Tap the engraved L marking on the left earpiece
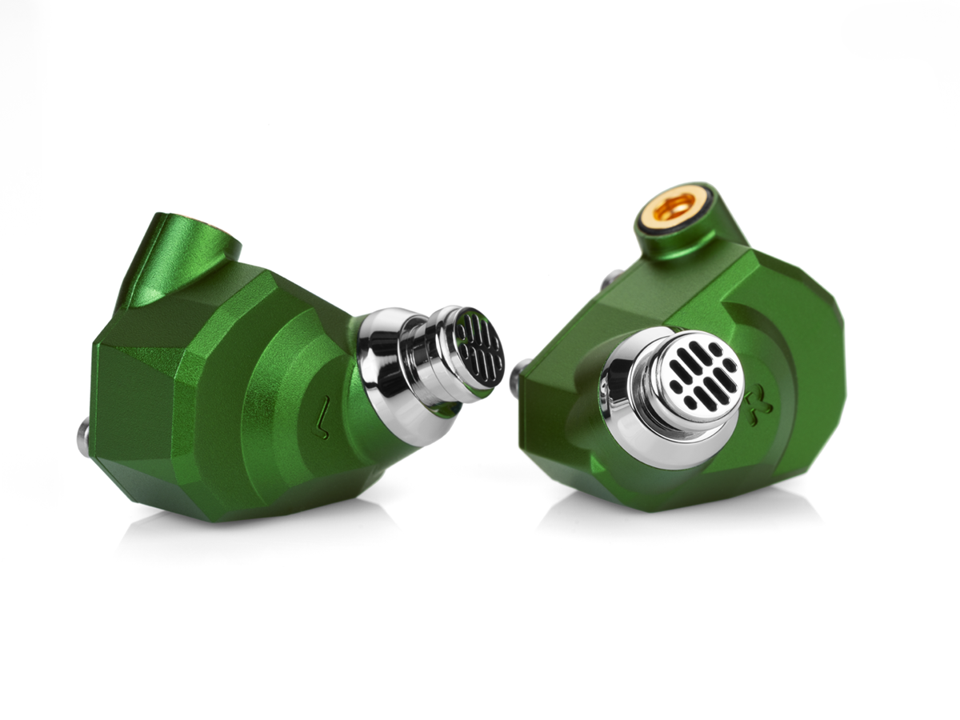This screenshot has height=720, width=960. pos(322,418)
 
